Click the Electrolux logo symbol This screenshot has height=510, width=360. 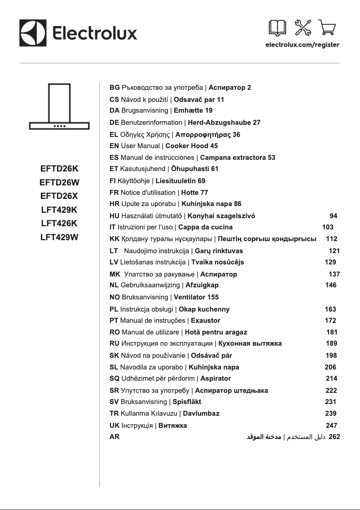(33, 33)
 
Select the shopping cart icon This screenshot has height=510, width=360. (327, 29)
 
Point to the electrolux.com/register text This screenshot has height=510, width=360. (302, 45)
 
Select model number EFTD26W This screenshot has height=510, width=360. (59, 182)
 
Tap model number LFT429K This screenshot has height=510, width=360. (59, 210)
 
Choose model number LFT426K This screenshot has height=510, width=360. (59, 224)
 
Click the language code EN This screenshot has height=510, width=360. (114, 146)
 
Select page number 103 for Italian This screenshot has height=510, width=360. (328, 227)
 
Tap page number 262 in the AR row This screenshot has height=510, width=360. (334, 436)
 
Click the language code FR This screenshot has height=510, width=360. (114, 193)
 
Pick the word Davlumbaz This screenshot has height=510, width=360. (201, 413)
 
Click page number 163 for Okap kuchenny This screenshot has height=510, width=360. (330, 309)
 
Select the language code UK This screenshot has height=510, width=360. (114, 425)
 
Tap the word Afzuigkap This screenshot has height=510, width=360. (202, 285)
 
